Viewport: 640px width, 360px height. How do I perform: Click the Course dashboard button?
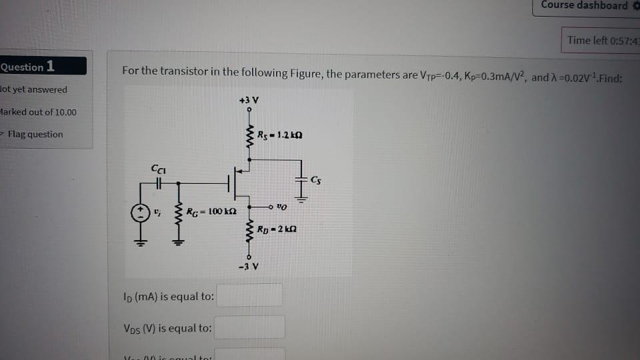tap(585, 6)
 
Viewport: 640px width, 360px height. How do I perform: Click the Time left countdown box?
tap(601, 41)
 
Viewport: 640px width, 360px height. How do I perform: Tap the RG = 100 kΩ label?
tap(208, 211)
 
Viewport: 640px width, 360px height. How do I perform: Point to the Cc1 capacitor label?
tap(157, 170)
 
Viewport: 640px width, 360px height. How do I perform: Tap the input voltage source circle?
tap(139, 213)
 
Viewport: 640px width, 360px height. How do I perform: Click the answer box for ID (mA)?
tap(250, 295)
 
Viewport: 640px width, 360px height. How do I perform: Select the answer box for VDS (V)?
tap(250, 327)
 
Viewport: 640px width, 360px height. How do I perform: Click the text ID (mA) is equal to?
tap(169, 296)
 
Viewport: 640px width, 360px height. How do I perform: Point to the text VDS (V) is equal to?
tap(168, 328)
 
